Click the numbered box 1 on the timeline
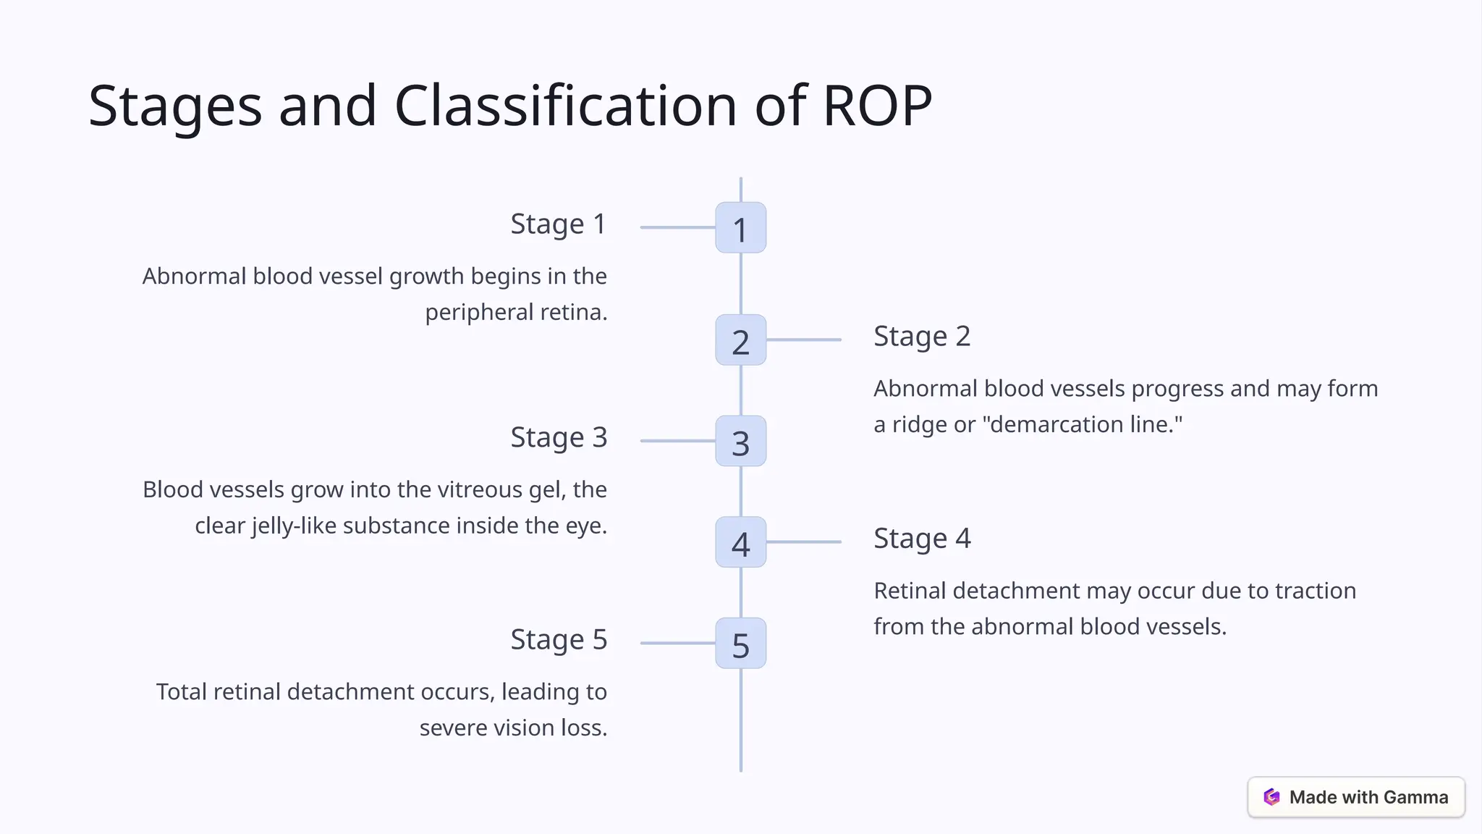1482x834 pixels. click(x=740, y=228)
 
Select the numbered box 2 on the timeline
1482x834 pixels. click(x=740, y=340)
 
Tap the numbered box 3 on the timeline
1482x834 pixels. click(x=740, y=441)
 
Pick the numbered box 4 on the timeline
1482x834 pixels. click(x=740, y=542)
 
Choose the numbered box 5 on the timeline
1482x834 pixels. click(x=740, y=643)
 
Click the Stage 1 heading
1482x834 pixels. click(x=558, y=224)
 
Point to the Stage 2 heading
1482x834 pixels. click(x=921, y=337)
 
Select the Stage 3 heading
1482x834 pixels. click(x=558, y=438)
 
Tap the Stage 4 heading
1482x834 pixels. click(x=921, y=539)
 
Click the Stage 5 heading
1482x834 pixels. click(x=558, y=640)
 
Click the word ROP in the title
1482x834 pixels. click(x=877, y=106)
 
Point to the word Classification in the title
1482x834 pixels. click(x=565, y=106)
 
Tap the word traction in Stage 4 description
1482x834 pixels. click(x=1315, y=591)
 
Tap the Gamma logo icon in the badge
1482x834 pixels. click(x=1271, y=797)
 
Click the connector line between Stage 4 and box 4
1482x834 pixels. click(x=803, y=542)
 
